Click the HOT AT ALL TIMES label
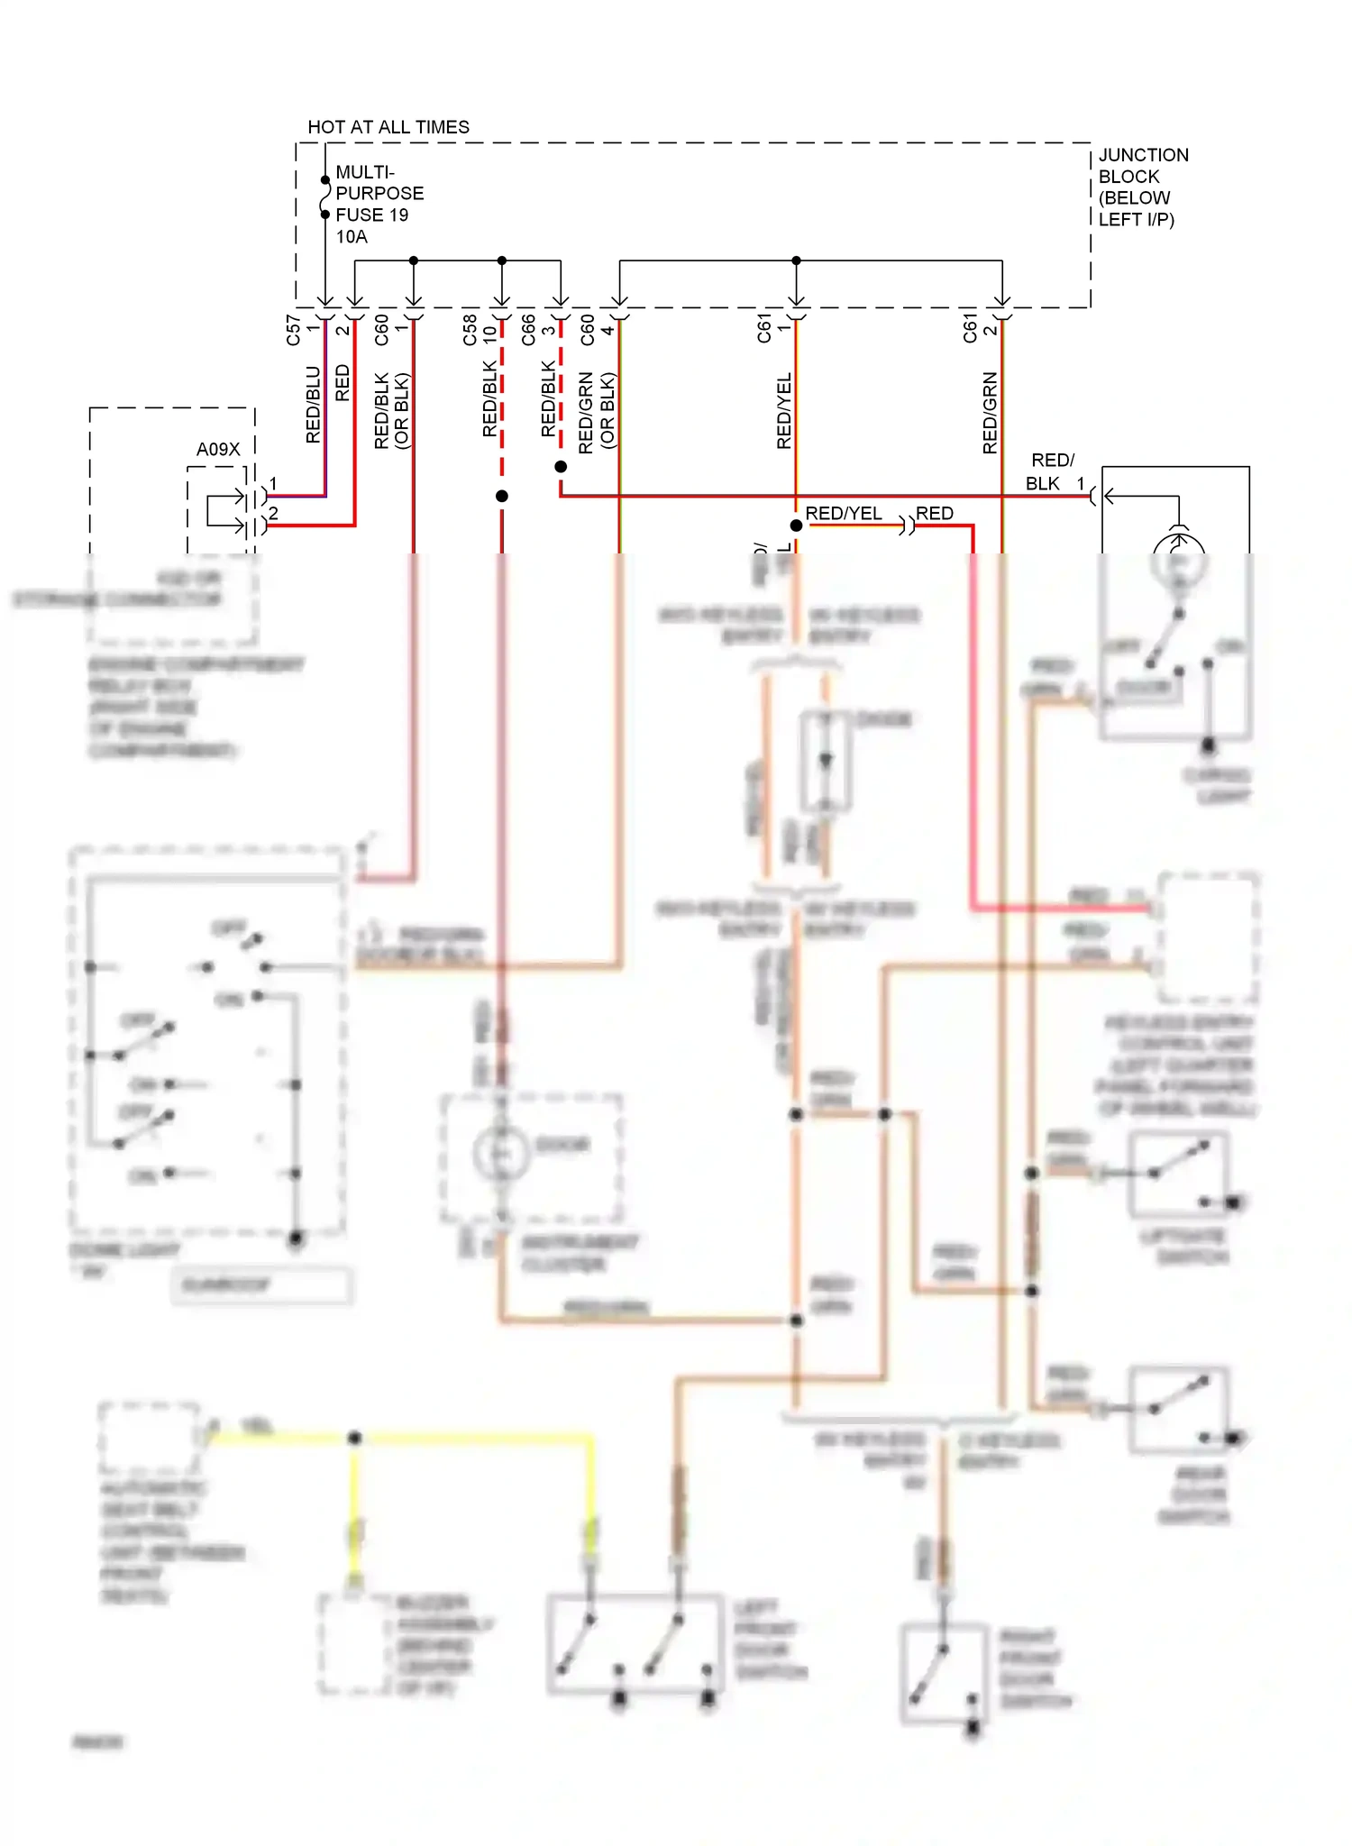tap(388, 127)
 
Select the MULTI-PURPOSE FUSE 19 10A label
tap(379, 204)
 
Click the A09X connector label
tap(218, 449)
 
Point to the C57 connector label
tap(293, 330)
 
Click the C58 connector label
tap(470, 330)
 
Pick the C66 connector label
tap(528, 330)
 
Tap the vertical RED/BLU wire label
tap(313, 404)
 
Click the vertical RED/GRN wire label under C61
tap(990, 412)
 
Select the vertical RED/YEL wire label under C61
tap(783, 410)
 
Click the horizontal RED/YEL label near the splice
tap(843, 513)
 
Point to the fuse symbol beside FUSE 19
tap(325, 197)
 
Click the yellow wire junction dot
tap(355, 1438)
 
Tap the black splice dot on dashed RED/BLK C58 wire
tap(502, 496)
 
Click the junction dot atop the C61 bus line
tap(796, 260)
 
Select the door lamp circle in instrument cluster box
tap(500, 1154)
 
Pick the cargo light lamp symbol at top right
tap(1178, 559)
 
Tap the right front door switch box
tap(944, 1673)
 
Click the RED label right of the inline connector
tap(935, 513)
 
